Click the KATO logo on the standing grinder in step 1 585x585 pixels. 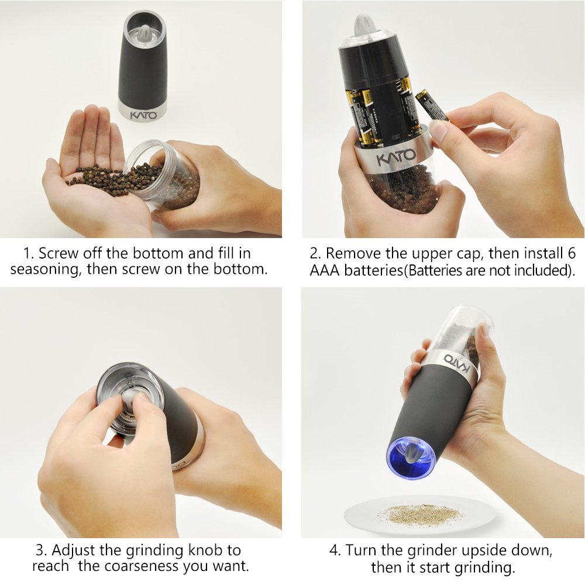[x=143, y=115]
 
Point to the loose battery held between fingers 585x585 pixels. [x=432, y=105]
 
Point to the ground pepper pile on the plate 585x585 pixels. [x=419, y=514]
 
